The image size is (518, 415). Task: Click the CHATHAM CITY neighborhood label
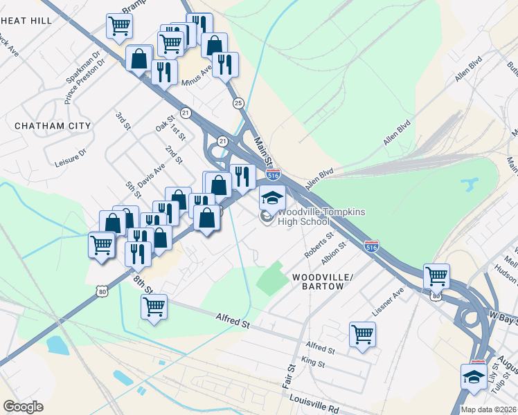point(53,126)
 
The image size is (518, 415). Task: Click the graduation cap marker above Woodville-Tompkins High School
point(272,197)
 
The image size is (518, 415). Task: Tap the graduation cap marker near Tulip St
point(474,377)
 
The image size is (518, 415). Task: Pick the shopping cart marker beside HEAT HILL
point(119,26)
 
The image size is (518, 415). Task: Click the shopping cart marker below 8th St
point(154,306)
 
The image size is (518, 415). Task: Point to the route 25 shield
point(238,103)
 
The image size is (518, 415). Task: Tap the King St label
point(313,362)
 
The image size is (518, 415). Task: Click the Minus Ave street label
point(196,76)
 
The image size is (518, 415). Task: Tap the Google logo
point(24,406)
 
